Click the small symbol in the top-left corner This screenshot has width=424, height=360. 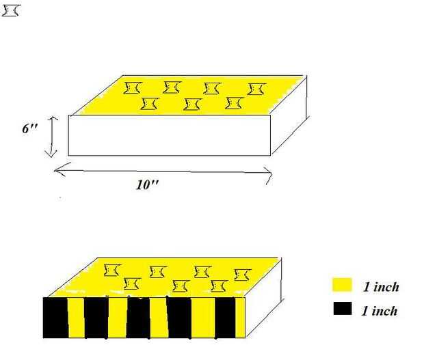pyautogui.click(x=12, y=12)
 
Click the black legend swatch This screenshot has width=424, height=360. pyautogui.click(x=341, y=309)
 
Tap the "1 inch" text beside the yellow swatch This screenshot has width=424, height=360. pyautogui.click(x=380, y=287)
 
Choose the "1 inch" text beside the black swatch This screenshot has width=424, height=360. pyautogui.click(x=380, y=311)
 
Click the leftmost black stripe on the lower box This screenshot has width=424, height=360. pyautogui.click(x=55, y=318)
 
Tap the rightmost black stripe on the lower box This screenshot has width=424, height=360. pyautogui.click(x=225, y=318)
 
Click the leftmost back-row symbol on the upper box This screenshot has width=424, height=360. pyautogui.click(x=133, y=87)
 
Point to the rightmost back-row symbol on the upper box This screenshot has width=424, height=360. pyautogui.click(x=256, y=89)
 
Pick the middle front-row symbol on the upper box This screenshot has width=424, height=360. pyautogui.click(x=192, y=104)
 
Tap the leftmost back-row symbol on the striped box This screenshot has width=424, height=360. pyautogui.click(x=112, y=271)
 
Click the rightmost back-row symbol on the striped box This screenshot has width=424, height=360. pyautogui.click(x=241, y=275)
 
